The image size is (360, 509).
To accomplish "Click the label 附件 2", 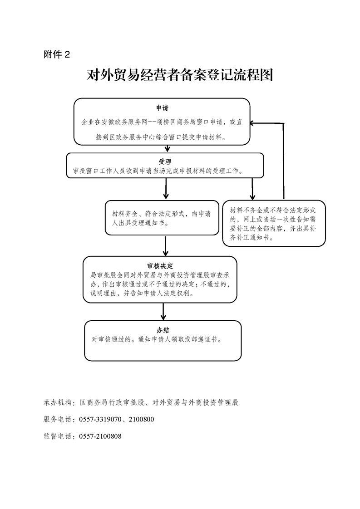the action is [57, 54].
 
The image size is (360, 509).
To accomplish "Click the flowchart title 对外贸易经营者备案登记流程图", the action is [180, 75].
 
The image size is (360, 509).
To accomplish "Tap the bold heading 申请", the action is [162, 108].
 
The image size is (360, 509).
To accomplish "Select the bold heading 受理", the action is [165, 162].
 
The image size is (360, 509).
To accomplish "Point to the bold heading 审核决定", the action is [160, 266].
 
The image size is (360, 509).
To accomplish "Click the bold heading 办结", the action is [163, 330].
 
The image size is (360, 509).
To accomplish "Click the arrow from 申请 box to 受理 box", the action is [168, 148].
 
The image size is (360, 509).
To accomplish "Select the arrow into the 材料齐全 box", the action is [166, 189].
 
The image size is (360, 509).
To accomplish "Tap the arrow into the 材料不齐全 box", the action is [252, 189].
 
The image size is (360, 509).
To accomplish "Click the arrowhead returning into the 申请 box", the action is [253, 123].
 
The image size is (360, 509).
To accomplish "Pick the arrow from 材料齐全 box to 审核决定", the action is [165, 246].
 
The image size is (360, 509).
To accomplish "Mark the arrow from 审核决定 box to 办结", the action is [163, 312].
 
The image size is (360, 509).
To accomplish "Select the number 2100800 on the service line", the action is [141, 420].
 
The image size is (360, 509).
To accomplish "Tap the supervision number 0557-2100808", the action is [100, 436].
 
